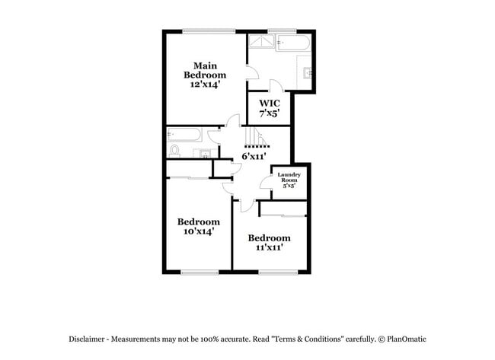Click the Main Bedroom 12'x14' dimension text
205,84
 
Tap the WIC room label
270,104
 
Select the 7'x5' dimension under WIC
270,113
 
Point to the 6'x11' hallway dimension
254,156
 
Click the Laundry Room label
289,177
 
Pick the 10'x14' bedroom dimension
199,231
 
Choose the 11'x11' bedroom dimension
269,247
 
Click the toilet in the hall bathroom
174,151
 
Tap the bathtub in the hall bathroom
184,135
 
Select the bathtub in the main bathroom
293,43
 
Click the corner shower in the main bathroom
261,41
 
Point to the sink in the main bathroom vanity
308,73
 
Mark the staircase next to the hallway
257,136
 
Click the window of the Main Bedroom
209,31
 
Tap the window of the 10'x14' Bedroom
200,272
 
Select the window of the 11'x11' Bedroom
278,272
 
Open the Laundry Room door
266,183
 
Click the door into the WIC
277,86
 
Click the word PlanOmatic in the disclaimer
407,339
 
